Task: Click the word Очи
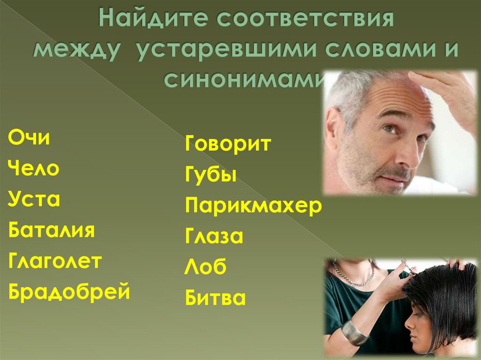pos(29,139)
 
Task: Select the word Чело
pos(34,169)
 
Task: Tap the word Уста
pos(34,200)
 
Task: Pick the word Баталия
pos(52,231)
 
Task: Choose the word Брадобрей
pos(69,292)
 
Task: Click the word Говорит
pos(228,144)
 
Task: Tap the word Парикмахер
pos(254,206)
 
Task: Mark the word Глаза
pos(214,237)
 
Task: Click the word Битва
pos(216,298)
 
